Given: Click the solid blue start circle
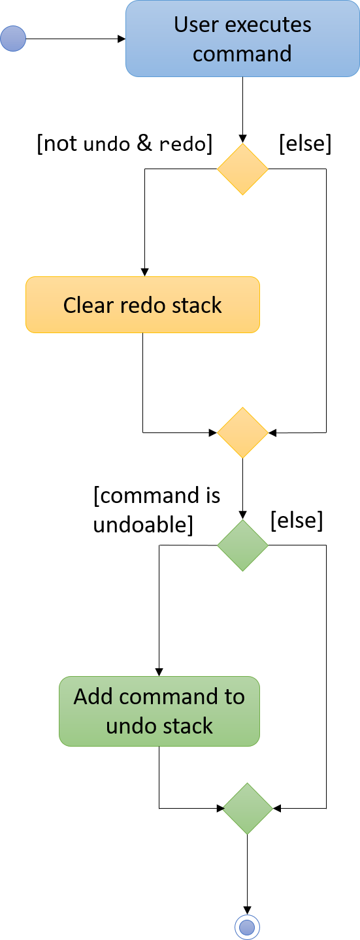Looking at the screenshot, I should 13,39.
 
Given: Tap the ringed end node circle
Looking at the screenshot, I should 247,926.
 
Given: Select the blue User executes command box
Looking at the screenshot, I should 242,39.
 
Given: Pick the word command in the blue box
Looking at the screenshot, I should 242,54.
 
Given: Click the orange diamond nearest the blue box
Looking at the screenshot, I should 242,169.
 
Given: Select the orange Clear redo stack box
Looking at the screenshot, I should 142,305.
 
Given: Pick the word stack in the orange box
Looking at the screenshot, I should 197,305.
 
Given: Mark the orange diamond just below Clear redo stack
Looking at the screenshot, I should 242,432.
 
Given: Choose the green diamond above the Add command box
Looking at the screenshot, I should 242,545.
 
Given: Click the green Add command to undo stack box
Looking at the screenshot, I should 159,711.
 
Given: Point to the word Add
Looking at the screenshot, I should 89,697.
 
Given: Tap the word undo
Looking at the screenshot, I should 130,726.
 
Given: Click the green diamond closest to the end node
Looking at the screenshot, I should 248,809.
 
